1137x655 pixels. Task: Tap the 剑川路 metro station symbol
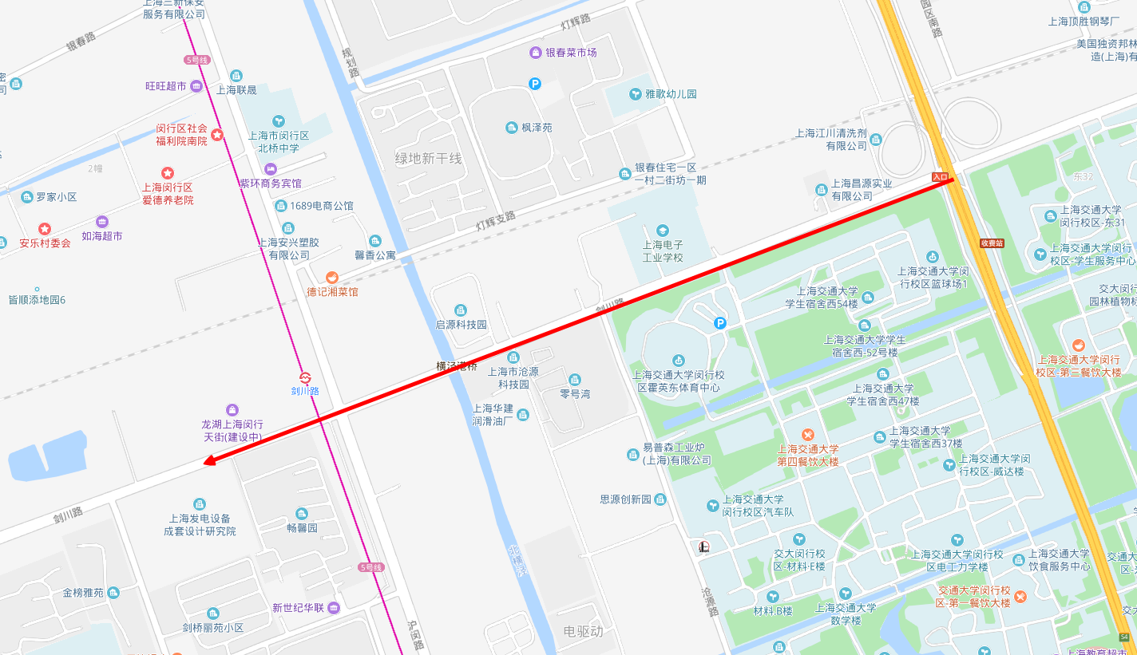coord(305,377)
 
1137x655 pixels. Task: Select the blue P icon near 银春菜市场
coord(535,83)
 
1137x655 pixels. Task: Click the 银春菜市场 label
coord(571,53)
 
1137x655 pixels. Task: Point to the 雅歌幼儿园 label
coord(671,93)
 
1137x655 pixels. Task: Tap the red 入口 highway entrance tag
coord(941,176)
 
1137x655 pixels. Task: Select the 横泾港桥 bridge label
coord(456,366)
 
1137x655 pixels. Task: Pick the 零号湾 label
coord(575,393)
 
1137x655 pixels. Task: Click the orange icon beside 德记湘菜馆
coord(332,277)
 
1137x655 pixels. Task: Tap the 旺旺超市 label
coord(166,86)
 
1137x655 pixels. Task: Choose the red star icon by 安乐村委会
coord(45,229)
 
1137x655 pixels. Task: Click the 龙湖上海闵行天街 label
coord(232,430)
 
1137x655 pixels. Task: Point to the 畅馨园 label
coord(302,527)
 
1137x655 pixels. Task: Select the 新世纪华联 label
coord(298,608)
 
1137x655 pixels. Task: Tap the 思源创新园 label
coord(626,499)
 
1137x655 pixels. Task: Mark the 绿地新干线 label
coord(429,158)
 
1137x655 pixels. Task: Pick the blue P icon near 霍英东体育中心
coord(720,323)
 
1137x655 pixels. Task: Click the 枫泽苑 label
coord(537,128)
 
